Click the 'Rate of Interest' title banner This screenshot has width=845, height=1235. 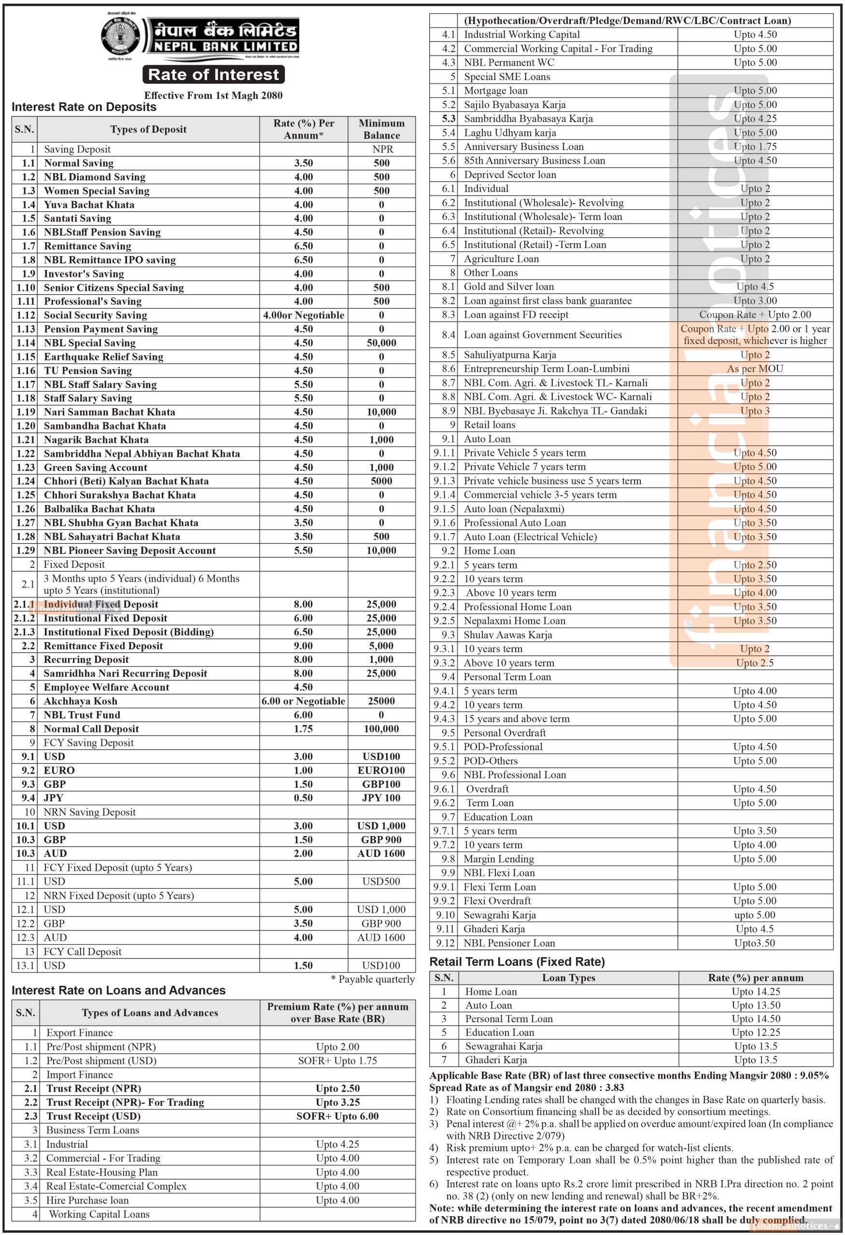(x=213, y=74)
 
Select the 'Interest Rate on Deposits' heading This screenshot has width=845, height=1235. (x=84, y=107)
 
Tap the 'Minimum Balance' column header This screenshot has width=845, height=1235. (x=381, y=129)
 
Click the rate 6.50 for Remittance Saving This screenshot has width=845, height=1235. (x=303, y=246)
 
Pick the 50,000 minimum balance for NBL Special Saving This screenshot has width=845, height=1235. (x=381, y=343)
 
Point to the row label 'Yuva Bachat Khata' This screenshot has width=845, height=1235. (x=89, y=205)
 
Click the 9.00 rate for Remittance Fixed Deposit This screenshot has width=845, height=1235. (x=303, y=645)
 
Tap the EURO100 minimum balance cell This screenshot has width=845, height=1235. (x=381, y=770)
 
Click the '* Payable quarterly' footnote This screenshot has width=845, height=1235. (x=372, y=979)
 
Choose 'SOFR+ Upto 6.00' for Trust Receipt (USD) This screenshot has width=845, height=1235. (x=337, y=1116)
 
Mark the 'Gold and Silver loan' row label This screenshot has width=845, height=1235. (x=508, y=287)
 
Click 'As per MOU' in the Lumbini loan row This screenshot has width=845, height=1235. (x=755, y=369)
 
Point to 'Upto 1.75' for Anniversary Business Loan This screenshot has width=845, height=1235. (x=755, y=147)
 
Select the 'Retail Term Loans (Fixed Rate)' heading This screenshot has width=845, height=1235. (x=517, y=962)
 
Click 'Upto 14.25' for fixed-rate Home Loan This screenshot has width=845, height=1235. (x=755, y=991)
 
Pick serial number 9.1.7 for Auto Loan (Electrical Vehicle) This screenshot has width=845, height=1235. (x=444, y=537)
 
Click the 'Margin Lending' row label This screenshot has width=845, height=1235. (x=498, y=859)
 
